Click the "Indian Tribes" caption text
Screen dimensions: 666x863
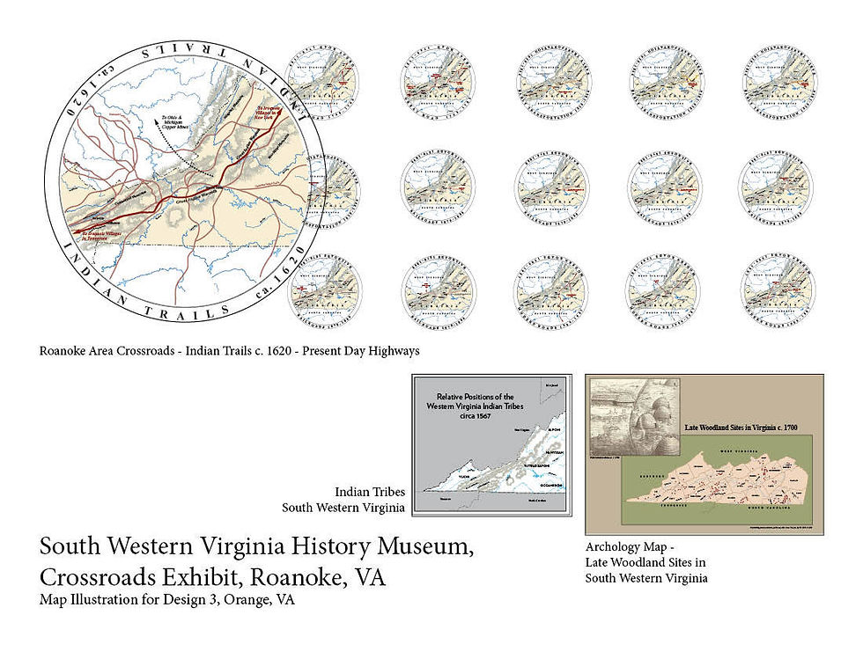coord(370,492)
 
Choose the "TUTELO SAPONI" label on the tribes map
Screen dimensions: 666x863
coord(539,465)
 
